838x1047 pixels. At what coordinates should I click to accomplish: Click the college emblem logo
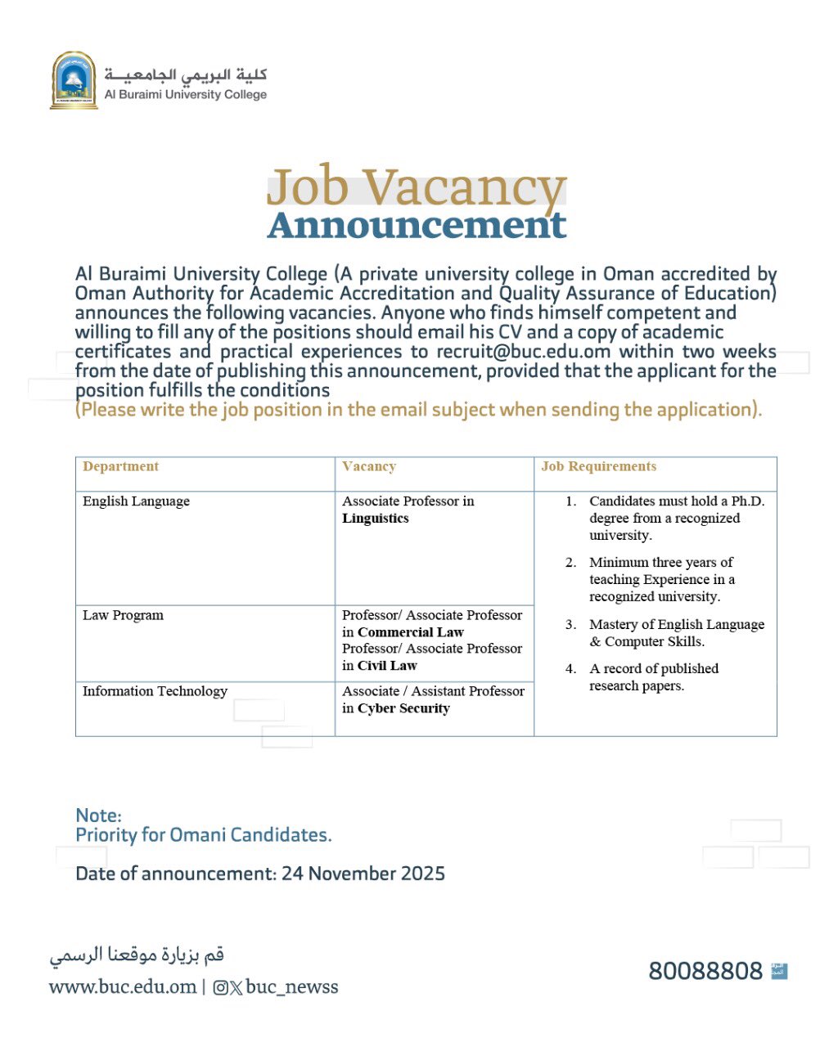click(74, 80)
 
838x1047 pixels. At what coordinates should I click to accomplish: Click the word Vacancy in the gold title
click(464, 187)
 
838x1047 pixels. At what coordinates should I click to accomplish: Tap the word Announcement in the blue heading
click(417, 225)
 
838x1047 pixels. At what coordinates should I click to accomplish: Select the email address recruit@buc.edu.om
click(523, 352)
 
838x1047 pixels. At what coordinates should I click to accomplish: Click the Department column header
click(120, 466)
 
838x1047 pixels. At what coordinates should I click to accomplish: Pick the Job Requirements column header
click(598, 466)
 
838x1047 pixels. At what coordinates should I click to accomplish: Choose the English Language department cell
click(136, 501)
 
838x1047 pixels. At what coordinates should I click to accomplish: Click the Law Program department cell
click(123, 615)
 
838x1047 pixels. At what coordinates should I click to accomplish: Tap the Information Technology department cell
click(155, 691)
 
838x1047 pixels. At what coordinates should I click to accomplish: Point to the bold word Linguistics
click(375, 519)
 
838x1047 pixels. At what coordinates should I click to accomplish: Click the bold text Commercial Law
click(410, 632)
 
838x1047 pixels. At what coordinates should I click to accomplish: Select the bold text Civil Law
click(387, 666)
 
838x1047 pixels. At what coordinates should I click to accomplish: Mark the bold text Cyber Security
click(403, 708)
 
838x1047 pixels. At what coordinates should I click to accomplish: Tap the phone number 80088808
click(705, 971)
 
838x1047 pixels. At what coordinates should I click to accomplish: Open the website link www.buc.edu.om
click(123, 987)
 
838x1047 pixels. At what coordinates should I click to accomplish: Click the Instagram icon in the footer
click(220, 988)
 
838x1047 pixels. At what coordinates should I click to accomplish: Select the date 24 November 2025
click(363, 874)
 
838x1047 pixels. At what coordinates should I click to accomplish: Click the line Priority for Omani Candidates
click(203, 835)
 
